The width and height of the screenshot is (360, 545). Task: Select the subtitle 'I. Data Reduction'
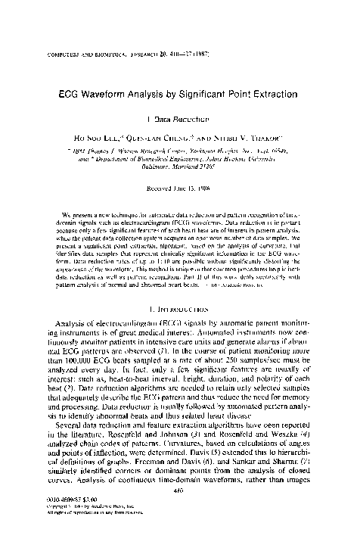tap(181, 119)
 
